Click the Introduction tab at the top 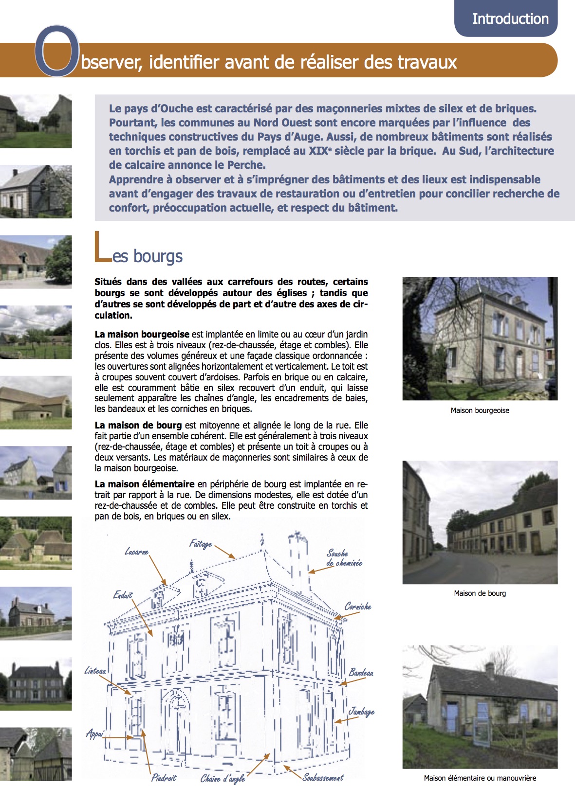point(510,19)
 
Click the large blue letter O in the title point(57,52)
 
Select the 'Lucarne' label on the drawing point(136,552)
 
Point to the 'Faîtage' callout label point(201,544)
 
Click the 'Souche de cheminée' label point(344,558)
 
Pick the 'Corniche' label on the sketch point(358,607)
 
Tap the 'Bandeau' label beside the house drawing point(361,673)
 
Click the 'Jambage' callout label point(361,712)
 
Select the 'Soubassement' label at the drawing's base point(323,777)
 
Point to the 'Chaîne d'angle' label point(223,779)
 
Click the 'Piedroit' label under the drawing point(164,778)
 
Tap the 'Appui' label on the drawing point(95,733)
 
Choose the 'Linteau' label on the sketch point(95,671)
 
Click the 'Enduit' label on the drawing point(123,595)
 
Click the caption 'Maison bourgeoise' point(480,411)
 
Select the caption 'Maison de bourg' point(480,593)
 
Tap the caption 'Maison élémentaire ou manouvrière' point(480,778)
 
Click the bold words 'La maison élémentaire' point(145,484)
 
